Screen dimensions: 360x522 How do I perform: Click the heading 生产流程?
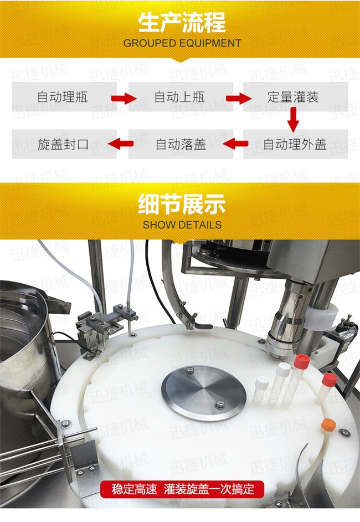point(182,23)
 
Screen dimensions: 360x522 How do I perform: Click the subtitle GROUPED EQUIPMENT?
point(182,43)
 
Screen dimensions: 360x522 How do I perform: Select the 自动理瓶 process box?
point(64,97)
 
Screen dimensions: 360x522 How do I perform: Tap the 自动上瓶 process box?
point(181,97)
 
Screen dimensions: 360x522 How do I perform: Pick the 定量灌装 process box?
point(295,97)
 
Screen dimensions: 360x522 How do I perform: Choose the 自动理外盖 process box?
point(295,144)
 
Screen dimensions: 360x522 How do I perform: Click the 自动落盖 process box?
point(181,144)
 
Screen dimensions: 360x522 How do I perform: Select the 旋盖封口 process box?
point(64,144)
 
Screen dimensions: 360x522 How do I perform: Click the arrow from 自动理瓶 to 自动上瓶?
point(124,98)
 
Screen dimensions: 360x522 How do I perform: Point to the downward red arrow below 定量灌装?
point(293,120)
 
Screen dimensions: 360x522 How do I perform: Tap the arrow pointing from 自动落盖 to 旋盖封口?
point(121,144)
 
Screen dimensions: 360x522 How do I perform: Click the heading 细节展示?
point(182,204)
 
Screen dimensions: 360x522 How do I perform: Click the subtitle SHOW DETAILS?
point(182,225)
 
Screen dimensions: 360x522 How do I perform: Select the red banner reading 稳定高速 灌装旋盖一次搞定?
point(182,489)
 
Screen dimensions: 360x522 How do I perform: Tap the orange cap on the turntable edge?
point(328,424)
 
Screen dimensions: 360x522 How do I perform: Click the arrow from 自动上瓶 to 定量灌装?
point(239,98)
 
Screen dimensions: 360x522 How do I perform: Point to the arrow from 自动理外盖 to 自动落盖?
point(235,144)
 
